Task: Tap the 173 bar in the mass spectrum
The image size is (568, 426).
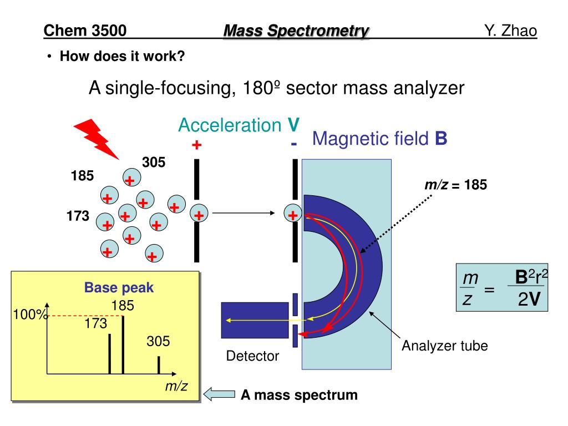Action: pyautogui.click(x=110, y=354)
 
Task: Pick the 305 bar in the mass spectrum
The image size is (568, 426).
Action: pyautogui.click(x=159, y=364)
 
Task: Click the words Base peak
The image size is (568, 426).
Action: pyautogui.click(x=119, y=288)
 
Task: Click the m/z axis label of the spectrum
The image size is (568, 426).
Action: pyautogui.click(x=176, y=387)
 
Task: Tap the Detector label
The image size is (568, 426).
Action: pyautogui.click(x=252, y=356)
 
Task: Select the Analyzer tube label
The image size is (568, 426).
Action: pyautogui.click(x=445, y=347)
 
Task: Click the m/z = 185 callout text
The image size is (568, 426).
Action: pyautogui.click(x=455, y=185)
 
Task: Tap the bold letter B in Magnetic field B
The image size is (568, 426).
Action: pyautogui.click(x=441, y=138)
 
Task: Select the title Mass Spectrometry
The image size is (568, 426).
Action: pyautogui.click(x=296, y=31)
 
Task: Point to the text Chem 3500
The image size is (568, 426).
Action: pyautogui.click(x=85, y=31)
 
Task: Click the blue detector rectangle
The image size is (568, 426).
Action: pyautogui.click(x=255, y=320)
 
